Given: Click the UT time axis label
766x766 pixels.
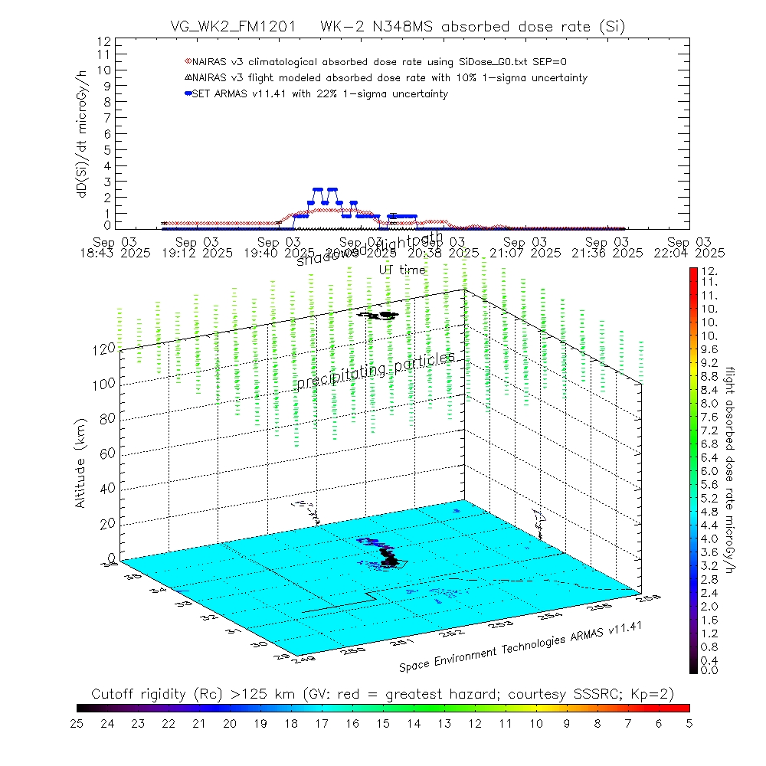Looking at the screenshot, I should click(402, 270).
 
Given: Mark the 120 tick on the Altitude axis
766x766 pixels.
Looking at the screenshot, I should click(105, 348).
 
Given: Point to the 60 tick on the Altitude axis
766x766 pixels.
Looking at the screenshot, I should click(107, 453).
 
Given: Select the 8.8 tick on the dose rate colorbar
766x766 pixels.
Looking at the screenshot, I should click(710, 376).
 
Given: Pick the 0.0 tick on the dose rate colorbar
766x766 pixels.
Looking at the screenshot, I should click(710, 670).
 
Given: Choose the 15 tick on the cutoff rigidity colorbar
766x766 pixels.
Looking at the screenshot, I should click(383, 722).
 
